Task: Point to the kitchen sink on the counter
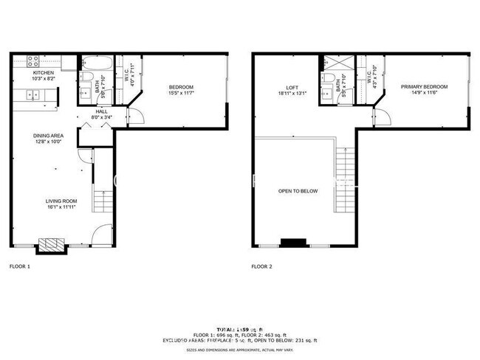[x=32, y=94]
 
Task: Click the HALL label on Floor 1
[x=101, y=111]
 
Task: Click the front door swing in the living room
[x=103, y=235]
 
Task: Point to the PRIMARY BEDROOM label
[x=424, y=86]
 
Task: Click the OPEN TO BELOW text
[x=298, y=191]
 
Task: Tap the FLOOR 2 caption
[x=261, y=266]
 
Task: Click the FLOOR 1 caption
[x=19, y=266]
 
